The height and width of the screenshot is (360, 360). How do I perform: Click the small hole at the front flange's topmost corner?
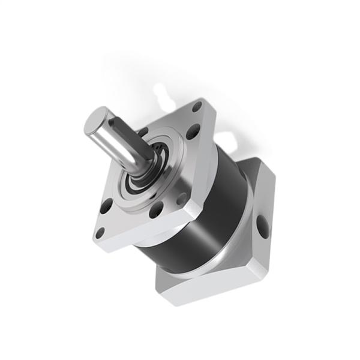point(197,108)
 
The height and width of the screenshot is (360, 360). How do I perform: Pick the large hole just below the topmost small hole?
point(192,131)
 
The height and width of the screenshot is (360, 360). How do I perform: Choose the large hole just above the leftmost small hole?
point(106,207)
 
